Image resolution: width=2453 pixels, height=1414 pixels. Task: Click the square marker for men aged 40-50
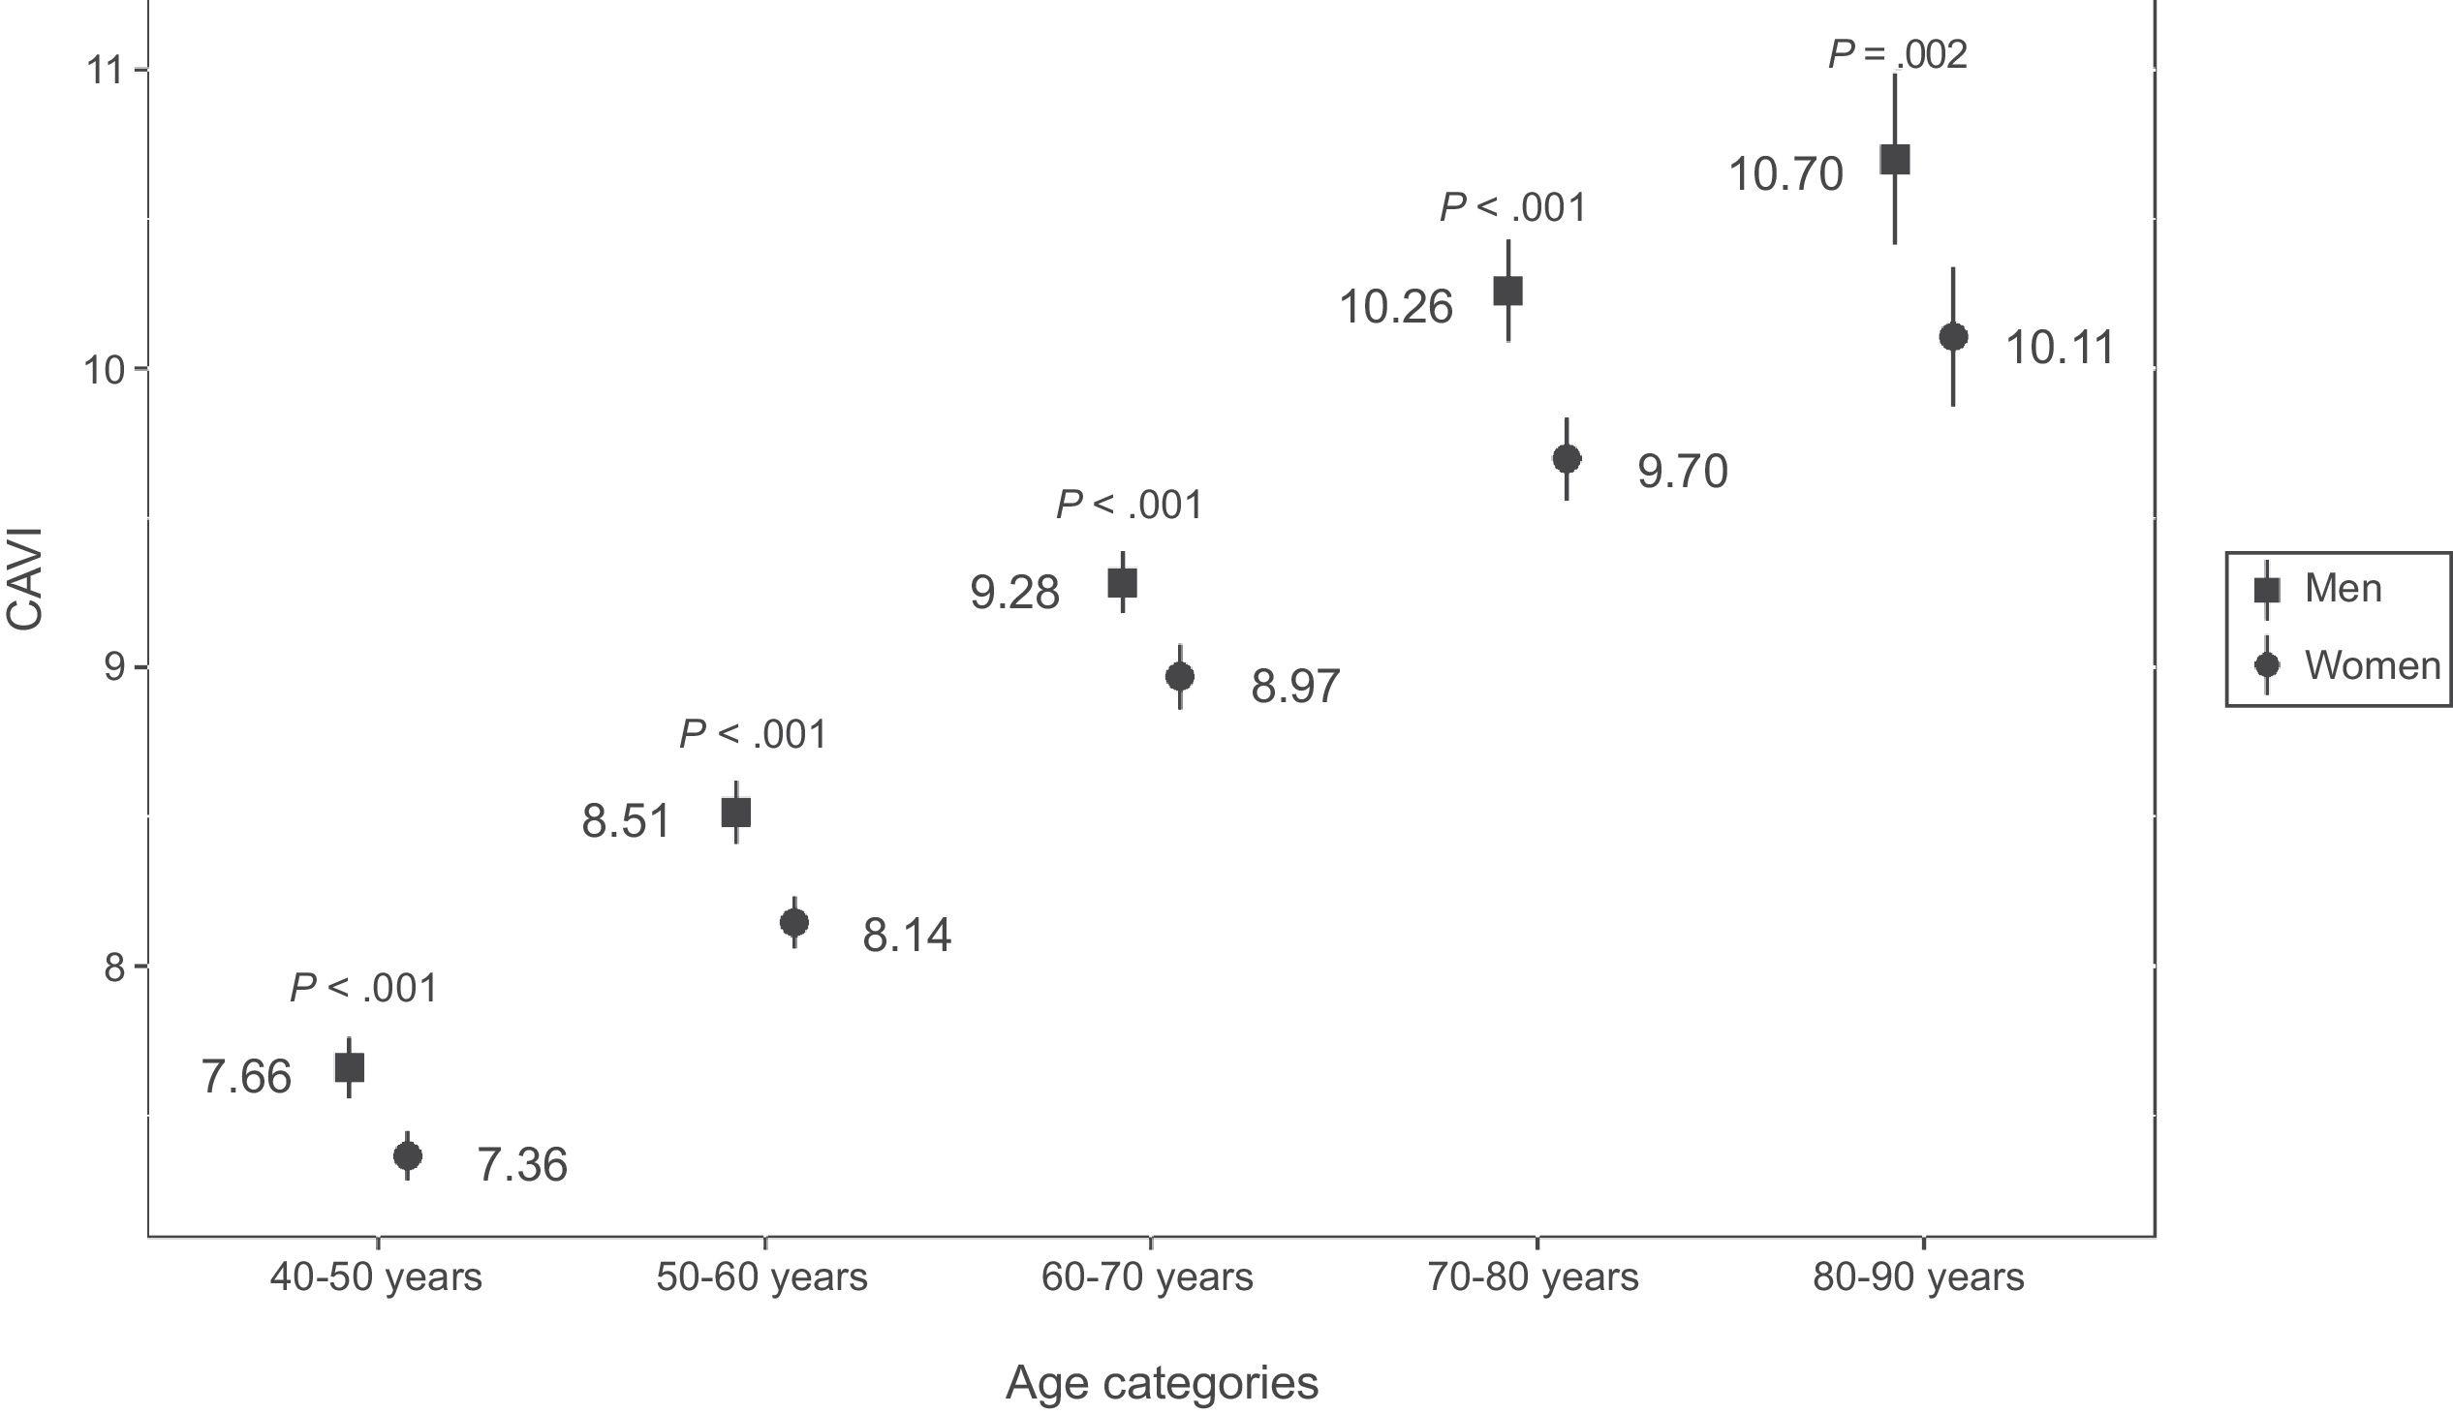349,1068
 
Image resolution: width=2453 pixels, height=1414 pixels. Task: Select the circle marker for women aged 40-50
408,1155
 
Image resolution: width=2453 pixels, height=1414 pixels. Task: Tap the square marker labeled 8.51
736,812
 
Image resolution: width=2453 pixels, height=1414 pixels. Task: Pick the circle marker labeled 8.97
1179,677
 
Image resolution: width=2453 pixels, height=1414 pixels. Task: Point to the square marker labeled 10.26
1507,291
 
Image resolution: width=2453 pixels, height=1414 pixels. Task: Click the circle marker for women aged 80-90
1954,337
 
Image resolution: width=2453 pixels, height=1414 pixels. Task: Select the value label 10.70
1785,174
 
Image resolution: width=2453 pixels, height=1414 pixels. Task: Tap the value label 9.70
1683,472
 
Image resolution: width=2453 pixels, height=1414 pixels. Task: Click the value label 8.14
907,937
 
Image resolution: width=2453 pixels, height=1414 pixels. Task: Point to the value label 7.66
246,1078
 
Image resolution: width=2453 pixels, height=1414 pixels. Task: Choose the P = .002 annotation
1897,55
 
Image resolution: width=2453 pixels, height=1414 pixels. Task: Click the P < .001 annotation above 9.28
1129,505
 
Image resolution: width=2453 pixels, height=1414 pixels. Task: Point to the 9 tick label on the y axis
115,668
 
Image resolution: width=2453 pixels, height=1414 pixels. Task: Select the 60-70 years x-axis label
1147,1278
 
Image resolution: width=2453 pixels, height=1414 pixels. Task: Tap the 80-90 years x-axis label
1918,1278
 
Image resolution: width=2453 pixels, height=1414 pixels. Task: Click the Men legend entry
2343,589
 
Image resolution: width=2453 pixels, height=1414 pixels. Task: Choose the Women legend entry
2372,665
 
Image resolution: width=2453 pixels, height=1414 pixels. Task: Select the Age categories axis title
1162,1382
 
